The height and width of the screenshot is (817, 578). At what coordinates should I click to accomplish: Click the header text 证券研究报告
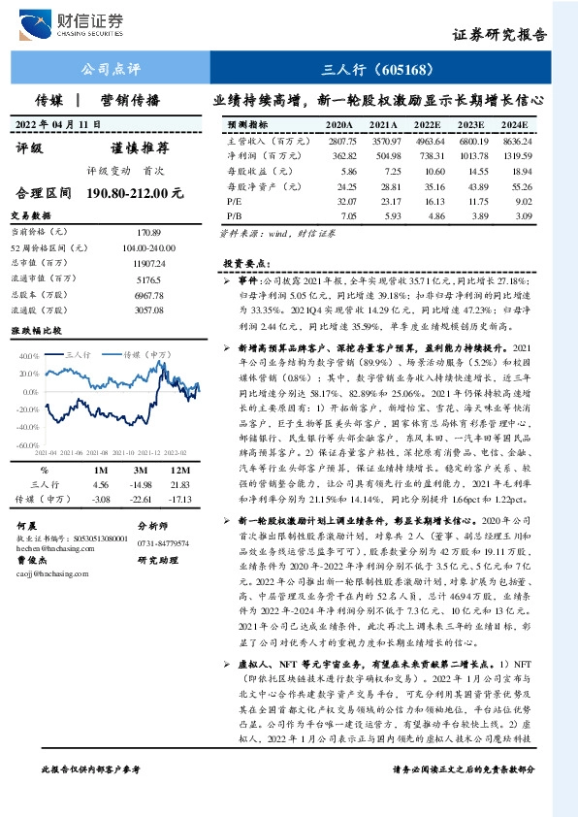click(500, 35)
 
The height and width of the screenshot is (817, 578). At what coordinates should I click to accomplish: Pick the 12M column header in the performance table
click(177, 470)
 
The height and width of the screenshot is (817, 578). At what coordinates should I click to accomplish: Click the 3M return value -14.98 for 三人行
click(141, 483)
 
